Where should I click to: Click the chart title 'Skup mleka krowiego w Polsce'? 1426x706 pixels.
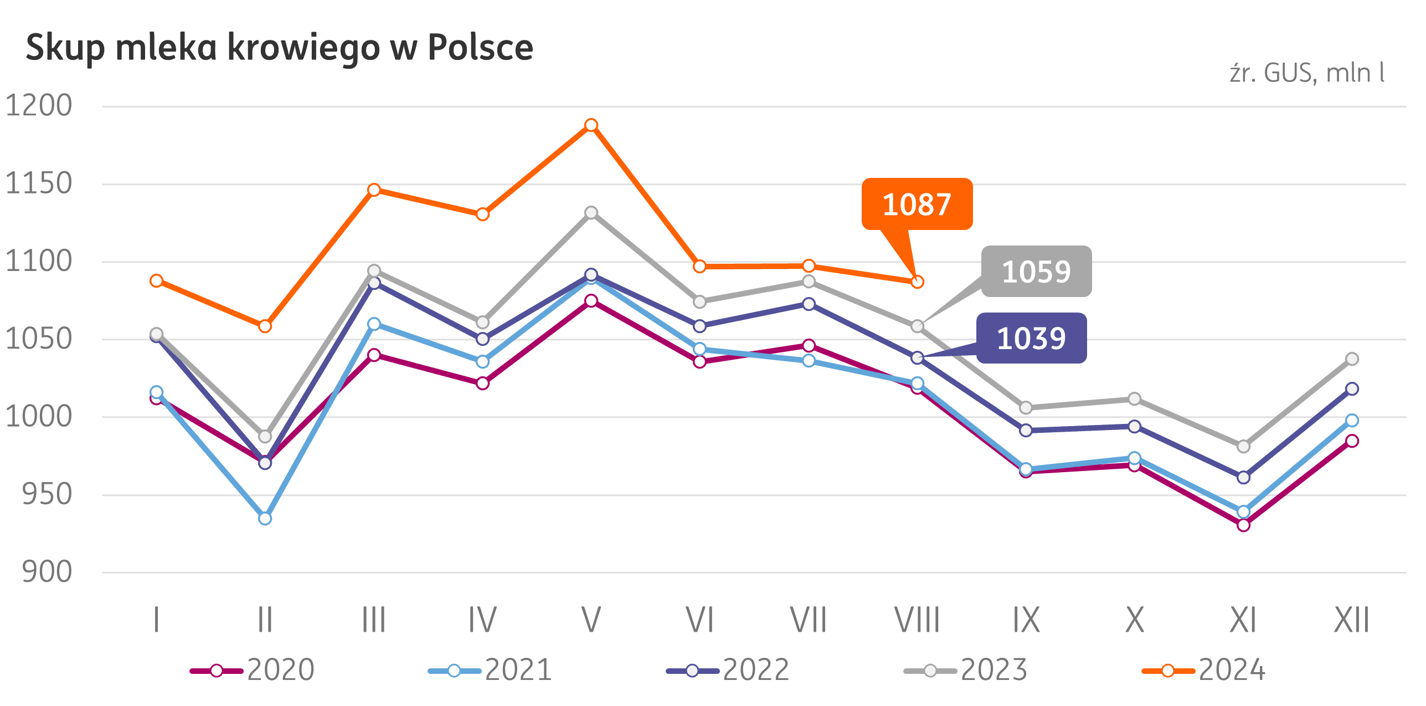pos(279,48)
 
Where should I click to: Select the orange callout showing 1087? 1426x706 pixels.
pos(917,204)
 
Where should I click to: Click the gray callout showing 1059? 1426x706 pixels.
pos(1036,272)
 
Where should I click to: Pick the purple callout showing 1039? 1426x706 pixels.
pos(1031,339)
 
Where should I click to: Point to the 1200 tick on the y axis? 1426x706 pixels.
pos(39,105)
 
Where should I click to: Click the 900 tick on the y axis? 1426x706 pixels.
pos(47,572)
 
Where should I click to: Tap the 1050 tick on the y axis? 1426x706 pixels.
pos(39,339)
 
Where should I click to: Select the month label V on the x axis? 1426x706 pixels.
pos(591,620)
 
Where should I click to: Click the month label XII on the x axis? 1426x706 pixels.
pos(1352,620)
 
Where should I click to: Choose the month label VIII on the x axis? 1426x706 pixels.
pos(917,620)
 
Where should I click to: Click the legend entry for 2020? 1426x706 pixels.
pos(253,670)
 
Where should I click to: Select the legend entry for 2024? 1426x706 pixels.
pos(1204,670)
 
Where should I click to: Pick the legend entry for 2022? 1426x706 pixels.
pos(728,670)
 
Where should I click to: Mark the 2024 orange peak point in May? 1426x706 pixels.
pos(591,125)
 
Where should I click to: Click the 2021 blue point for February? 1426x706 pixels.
pos(265,519)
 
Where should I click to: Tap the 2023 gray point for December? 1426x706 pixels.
pos(1352,359)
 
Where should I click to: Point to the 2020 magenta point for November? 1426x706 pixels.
pos(1243,525)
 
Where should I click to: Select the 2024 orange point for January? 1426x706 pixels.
pos(156,281)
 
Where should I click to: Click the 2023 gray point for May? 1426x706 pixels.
pos(591,213)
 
